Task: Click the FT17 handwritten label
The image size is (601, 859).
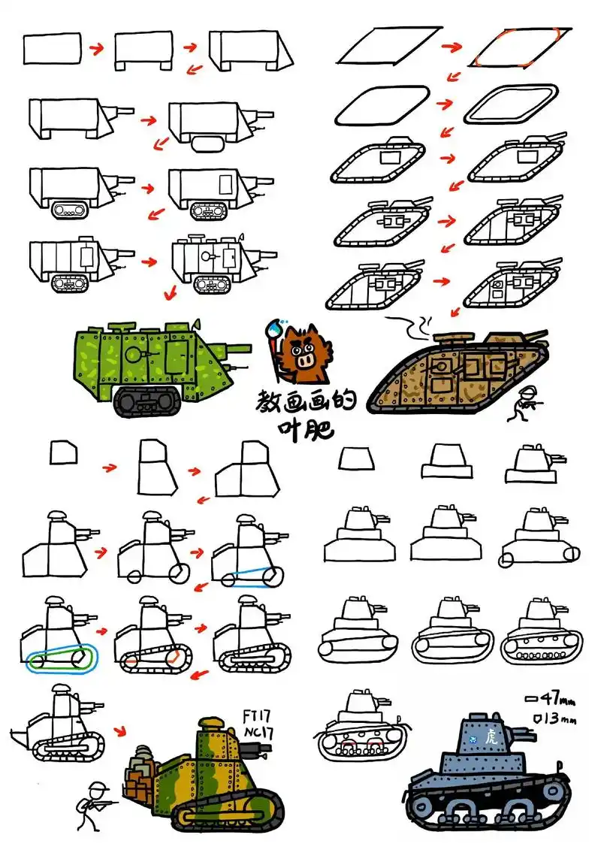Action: click(257, 716)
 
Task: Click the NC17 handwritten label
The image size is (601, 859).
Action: click(258, 733)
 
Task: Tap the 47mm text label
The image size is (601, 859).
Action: click(549, 698)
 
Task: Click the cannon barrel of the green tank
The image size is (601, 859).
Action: click(236, 349)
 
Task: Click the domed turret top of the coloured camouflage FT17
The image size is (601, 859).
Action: click(211, 724)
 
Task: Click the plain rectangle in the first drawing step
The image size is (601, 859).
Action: click(52, 47)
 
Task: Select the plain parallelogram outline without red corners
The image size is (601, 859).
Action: click(390, 45)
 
